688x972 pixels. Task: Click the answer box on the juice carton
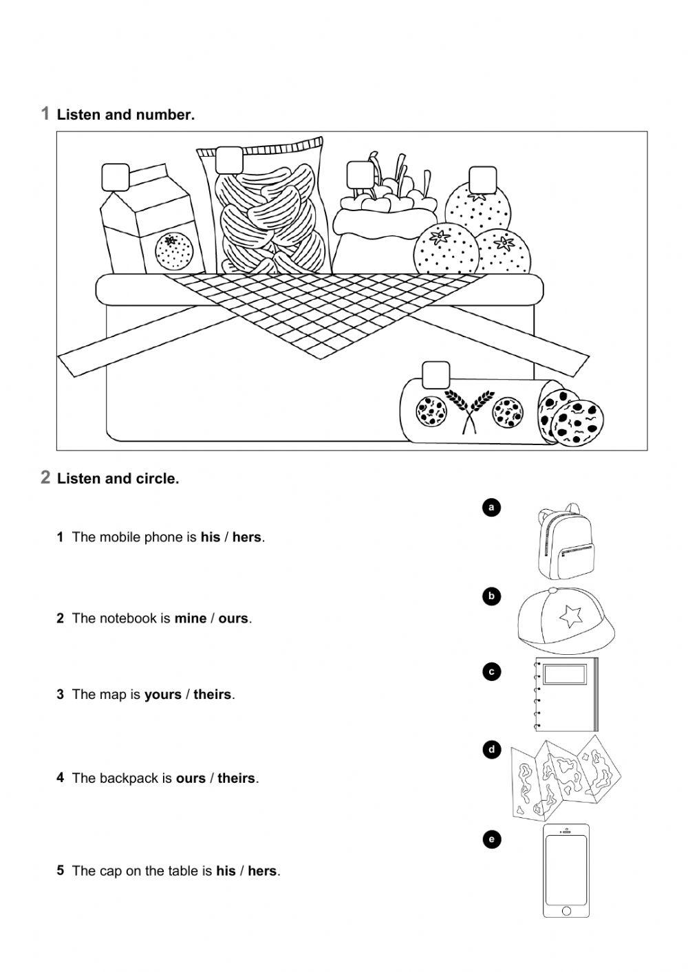pos(116,177)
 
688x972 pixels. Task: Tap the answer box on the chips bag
pos(229,160)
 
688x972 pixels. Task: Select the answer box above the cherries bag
pos(359,175)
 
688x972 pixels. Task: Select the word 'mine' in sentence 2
pos(191,618)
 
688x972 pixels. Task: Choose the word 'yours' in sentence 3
pos(163,695)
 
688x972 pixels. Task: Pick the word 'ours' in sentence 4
pos(191,779)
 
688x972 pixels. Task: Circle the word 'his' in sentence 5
pos(226,871)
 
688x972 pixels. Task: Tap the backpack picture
pos(566,543)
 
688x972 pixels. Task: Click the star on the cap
pos(570,616)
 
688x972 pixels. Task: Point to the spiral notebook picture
pos(566,695)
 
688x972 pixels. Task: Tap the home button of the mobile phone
pos(566,910)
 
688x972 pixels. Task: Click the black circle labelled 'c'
pos(491,672)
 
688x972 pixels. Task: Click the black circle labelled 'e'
pos(491,839)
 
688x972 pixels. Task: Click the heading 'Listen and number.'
pos(126,115)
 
